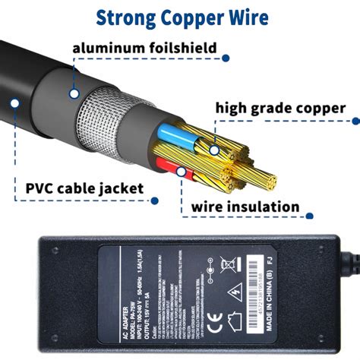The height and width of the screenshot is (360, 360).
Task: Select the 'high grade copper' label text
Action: (280, 108)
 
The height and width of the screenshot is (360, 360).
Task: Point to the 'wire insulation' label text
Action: (245, 206)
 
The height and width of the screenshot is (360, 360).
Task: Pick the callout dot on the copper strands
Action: (214, 150)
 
